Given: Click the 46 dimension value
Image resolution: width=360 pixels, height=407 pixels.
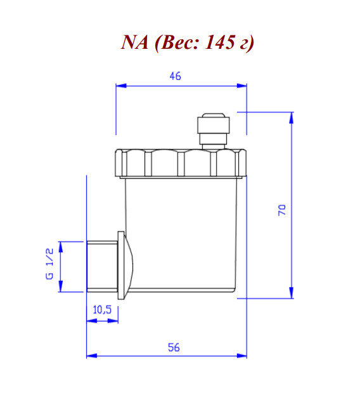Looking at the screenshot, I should point(176,75).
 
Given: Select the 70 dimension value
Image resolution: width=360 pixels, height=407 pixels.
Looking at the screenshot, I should point(283,210).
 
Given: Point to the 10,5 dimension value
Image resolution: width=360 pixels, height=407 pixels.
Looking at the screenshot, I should point(102,310).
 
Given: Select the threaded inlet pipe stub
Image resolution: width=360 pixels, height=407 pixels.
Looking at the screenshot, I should point(101,266).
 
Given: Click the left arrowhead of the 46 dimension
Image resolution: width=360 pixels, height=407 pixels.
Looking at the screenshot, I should point(119,86).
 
